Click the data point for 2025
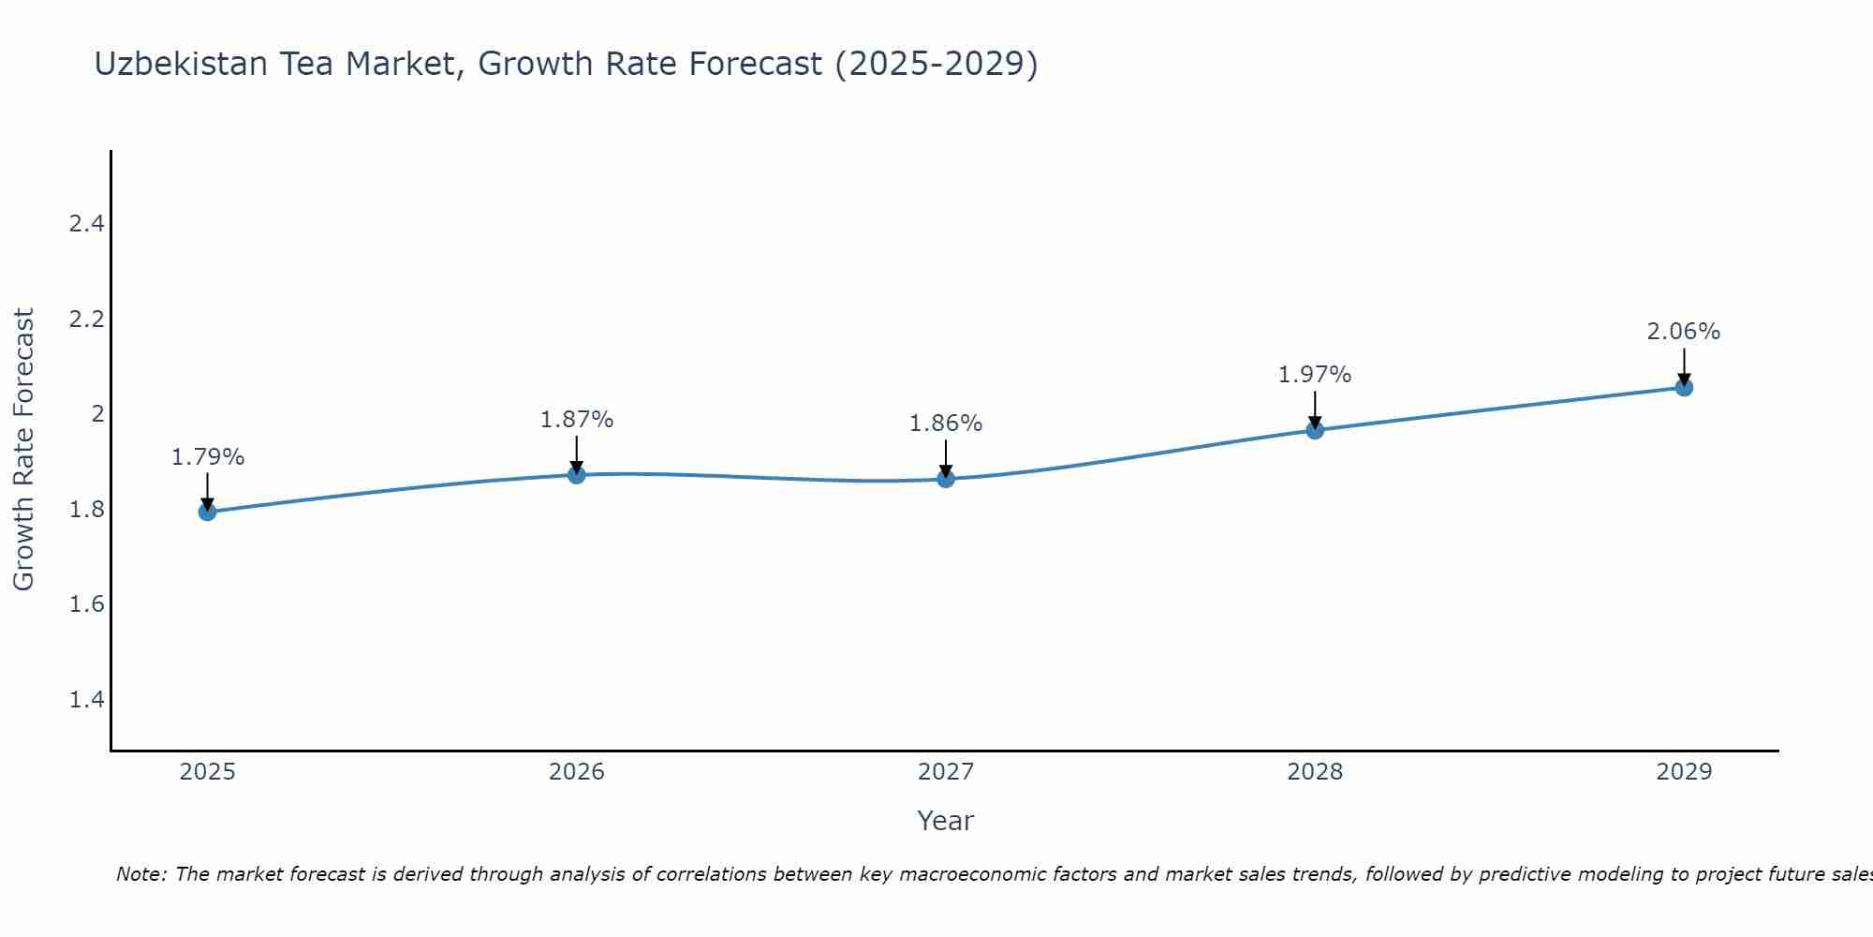tap(208, 512)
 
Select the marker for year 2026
tap(577, 475)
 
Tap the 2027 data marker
tap(946, 479)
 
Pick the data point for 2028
tap(1315, 430)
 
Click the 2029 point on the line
tap(1684, 387)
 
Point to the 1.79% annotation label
tap(208, 457)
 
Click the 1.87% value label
tap(577, 420)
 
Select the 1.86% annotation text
tap(946, 424)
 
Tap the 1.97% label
tap(1315, 375)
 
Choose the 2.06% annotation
tap(1684, 332)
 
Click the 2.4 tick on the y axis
tap(86, 224)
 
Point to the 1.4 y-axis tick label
tap(86, 699)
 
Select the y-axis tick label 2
tap(97, 414)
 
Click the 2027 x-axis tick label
tap(946, 772)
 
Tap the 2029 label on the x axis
tap(1684, 772)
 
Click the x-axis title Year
tap(946, 821)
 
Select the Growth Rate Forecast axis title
tap(23, 450)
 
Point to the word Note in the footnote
tap(140, 874)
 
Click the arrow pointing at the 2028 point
tap(1315, 410)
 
